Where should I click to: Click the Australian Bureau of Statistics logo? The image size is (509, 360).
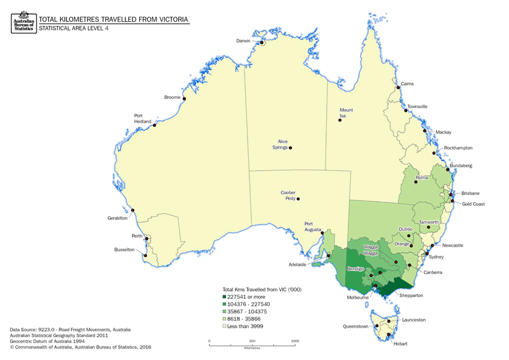(22, 22)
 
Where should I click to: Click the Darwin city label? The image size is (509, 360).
(243, 41)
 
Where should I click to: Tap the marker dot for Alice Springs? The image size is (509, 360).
(291, 148)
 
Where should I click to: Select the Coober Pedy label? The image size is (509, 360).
(288, 195)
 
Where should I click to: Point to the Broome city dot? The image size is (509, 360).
(184, 99)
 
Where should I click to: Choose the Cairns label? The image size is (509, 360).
(407, 84)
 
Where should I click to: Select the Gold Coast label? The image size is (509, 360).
(474, 204)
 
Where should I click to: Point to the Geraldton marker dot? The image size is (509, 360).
(132, 210)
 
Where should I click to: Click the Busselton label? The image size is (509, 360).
(126, 250)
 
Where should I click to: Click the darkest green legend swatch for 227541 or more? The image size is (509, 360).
(224, 297)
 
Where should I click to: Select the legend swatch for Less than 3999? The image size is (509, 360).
(224, 326)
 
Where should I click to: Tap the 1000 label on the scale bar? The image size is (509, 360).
(295, 341)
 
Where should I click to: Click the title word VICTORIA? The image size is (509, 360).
(170, 19)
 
